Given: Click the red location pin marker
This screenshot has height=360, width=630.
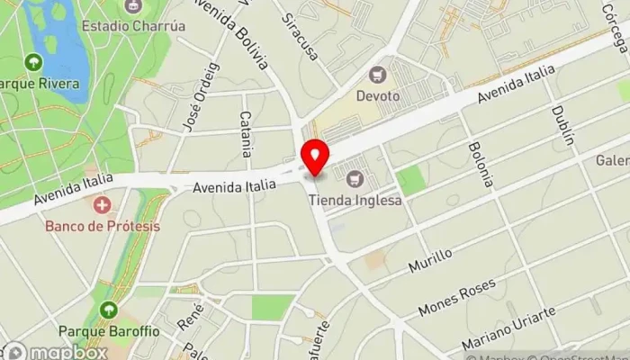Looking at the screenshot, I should click(314, 157).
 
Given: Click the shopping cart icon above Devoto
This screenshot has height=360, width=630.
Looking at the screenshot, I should click(377, 73).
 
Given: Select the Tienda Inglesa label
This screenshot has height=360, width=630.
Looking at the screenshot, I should click(354, 200).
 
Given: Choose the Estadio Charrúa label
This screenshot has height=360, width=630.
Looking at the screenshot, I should click(133, 26).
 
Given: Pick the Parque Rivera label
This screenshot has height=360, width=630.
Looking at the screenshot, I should click(40, 84).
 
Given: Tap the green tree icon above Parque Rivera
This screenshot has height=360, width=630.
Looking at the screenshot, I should click(34, 62).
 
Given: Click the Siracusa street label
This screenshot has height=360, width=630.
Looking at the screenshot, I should click(300, 37).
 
